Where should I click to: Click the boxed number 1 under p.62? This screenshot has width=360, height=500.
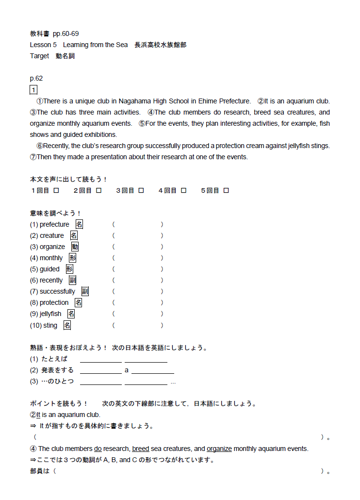[33, 90]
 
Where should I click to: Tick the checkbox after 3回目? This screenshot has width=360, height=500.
[141, 191]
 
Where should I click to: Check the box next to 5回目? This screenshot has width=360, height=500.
[226, 191]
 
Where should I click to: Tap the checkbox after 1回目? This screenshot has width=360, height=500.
[56, 191]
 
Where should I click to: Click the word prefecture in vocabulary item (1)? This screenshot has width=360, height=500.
[54, 224]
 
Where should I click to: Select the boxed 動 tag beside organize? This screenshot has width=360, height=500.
[75, 247]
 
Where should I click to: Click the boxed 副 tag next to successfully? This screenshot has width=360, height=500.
[85, 291]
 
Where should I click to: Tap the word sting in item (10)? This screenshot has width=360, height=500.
[50, 325]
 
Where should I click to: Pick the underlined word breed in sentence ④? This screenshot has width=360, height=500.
[140, 449]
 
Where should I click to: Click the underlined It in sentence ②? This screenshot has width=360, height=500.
[38, 415]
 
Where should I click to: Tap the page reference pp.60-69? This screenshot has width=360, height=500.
[65, 33]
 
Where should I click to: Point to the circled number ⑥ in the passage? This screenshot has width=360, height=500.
[40, 146]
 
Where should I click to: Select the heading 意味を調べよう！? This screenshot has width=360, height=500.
[55, 213]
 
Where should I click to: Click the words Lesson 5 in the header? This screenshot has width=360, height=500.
[43, 45]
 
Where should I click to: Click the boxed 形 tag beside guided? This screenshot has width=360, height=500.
[70, 269]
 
